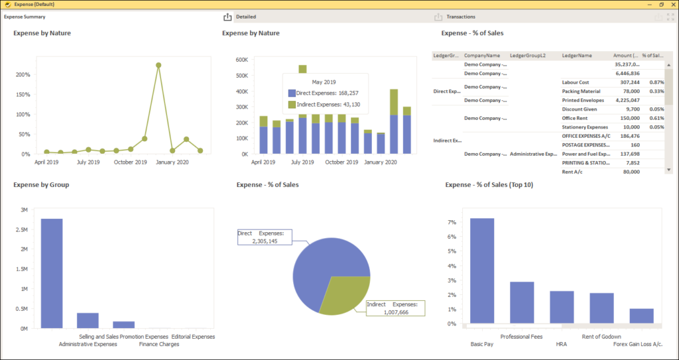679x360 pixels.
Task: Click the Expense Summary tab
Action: click(x=25, y=17)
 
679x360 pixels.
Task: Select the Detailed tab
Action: click(x=246, y=17)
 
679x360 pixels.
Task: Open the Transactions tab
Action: click(x=460, y=17)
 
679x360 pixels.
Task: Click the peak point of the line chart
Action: click(x=158, y=65)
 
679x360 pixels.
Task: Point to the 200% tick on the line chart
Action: click(x=23, y=75)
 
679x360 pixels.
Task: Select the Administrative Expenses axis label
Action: click(x=88, y=344)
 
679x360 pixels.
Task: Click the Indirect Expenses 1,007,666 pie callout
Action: click(x=396, y=308)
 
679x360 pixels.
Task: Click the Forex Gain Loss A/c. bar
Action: click(x=642, y=316)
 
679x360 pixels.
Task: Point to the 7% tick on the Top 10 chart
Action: click(x=453, y=221)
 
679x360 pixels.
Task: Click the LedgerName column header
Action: click(x=576, y=56)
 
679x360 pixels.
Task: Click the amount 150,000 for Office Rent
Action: click(x=627, y=118)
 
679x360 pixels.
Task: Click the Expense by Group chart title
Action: click(x=41, y=184)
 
